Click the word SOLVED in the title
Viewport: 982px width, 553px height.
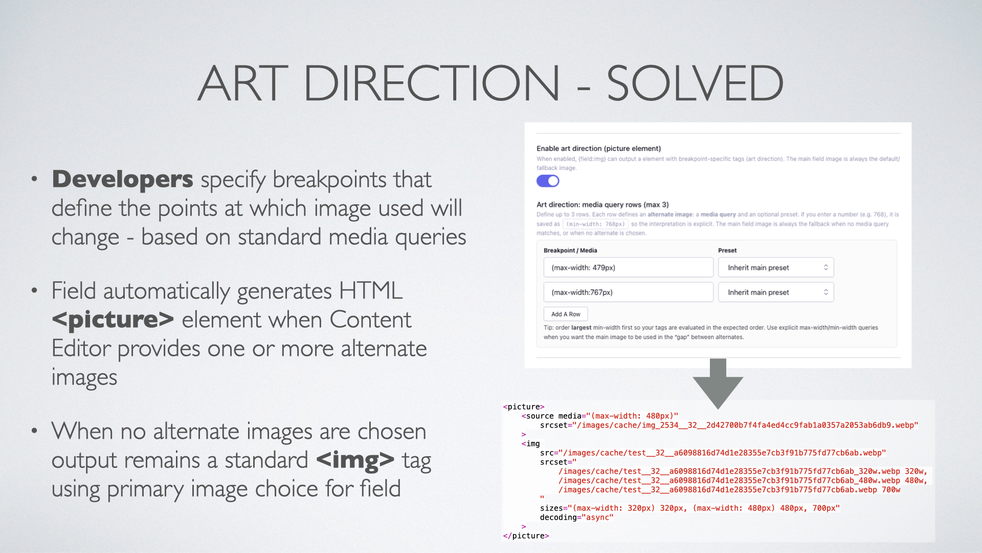(x=695, y=83)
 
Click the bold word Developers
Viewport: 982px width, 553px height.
(x=123, y=179)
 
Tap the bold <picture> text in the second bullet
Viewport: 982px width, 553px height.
(x=113, y=320)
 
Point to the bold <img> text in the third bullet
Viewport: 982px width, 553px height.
(x=355, y=460)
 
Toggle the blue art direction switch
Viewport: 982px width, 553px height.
(x=548, y=181)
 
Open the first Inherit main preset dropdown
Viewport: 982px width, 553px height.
(x=776, y=267)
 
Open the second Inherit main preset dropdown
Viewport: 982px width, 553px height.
(x=776, y=292)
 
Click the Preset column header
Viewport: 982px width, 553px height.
(x=727, y=250)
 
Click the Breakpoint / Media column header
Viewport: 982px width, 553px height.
(x=570, y=250)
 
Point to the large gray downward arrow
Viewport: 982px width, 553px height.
(x=718, y=384)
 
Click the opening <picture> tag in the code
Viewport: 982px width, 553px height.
(x=524, y=407)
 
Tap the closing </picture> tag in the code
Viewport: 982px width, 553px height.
(x=526, y=536)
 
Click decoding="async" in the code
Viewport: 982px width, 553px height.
(x=576, y=518)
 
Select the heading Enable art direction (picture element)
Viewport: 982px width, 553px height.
(x=599, y=148)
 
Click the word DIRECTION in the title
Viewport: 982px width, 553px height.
(x=432, y=83)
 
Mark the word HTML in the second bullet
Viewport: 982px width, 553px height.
(x=371, y=291)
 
